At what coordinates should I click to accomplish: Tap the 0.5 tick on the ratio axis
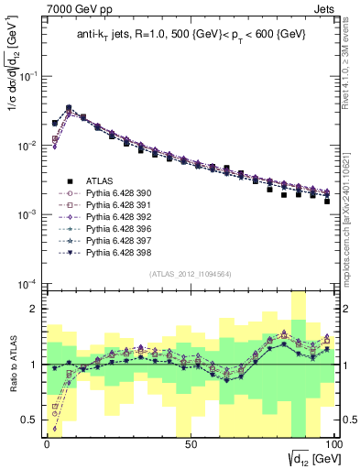33,420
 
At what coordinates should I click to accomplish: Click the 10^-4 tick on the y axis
27,284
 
